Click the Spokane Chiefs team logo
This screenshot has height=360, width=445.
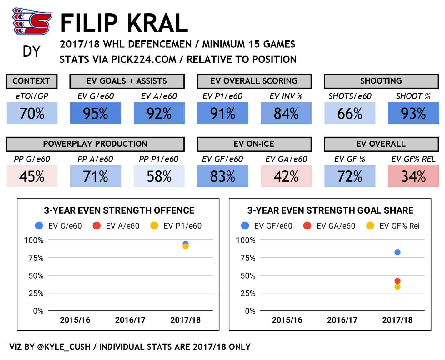32,22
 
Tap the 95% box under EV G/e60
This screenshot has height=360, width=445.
96,113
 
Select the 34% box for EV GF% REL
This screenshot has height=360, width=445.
413,176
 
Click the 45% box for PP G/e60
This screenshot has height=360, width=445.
32,176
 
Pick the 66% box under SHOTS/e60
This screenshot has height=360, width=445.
350,113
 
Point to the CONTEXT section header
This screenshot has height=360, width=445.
32,81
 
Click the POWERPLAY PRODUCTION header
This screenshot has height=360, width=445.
95,144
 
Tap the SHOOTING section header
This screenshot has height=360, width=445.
381,81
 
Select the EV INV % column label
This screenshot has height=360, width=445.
286,96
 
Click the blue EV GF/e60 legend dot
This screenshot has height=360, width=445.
245,226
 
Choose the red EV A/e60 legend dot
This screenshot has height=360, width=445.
97,226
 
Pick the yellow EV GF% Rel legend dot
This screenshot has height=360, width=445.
370,226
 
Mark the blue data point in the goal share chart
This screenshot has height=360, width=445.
397,252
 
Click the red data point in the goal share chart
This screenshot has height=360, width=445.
397,281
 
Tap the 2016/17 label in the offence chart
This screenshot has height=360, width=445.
130,320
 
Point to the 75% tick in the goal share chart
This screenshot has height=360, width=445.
248,258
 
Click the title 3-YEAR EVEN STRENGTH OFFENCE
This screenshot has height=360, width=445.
119,210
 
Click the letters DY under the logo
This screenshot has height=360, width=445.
32,51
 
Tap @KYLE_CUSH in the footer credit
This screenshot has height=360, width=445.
64,347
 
